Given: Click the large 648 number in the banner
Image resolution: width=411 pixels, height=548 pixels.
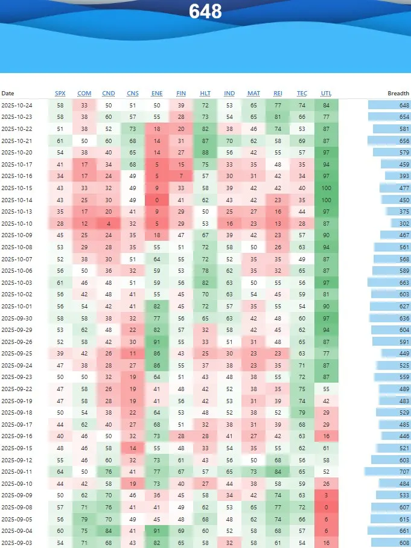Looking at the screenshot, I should [205, 11].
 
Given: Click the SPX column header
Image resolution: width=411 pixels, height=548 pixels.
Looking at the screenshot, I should [60, 94].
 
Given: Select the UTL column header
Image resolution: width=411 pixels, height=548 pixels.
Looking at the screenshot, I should [327, 94].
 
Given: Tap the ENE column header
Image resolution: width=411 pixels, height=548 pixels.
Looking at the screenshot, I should [157, 94].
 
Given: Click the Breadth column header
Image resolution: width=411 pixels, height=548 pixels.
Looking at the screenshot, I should [398, 94].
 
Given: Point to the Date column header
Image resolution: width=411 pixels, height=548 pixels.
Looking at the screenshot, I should [8, 94].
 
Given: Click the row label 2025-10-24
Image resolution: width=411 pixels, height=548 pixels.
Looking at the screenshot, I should [17, 106].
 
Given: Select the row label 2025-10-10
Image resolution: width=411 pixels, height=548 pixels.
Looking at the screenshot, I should [17, 224].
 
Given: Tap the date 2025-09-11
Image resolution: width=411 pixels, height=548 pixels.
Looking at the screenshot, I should [17, 471].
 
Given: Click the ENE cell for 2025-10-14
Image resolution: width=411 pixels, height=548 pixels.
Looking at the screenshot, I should [157, 200].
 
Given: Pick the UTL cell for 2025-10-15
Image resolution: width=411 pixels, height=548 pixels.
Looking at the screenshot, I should [327, 188].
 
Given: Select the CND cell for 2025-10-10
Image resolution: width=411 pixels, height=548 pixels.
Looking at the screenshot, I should [109, 224].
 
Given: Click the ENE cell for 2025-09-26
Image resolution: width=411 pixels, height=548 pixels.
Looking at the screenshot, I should [157, 342].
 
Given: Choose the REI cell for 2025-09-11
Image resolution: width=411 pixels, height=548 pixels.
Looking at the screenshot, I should [278, 471].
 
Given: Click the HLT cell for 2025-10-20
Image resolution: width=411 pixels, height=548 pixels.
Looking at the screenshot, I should [205, 153].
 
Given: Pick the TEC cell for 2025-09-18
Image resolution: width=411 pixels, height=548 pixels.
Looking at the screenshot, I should [302, 412].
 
